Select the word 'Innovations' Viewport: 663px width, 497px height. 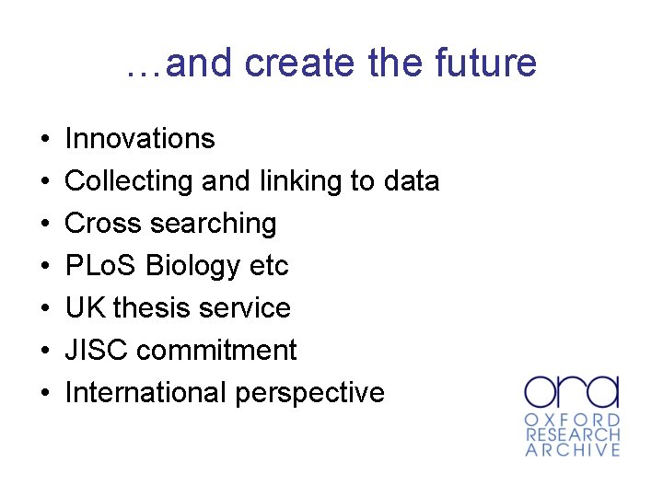(x=140, y=139)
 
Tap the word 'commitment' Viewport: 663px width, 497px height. (x=219, y=351)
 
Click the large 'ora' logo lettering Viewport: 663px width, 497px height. (x=572, y=391)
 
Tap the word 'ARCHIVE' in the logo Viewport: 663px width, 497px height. (x=573, y=450)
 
